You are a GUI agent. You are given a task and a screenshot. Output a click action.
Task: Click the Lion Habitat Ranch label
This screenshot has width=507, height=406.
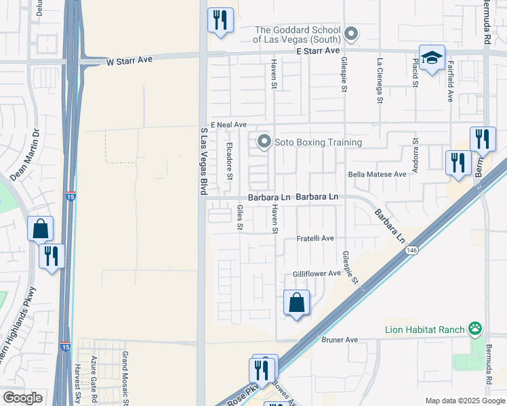[x=424, y=330]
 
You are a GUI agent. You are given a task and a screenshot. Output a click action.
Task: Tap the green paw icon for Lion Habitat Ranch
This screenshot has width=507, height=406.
[x=476, y=330]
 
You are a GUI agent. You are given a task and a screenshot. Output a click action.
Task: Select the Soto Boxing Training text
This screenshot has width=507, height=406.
[x=318, y=143]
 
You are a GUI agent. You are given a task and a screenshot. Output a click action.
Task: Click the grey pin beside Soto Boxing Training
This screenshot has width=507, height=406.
[x=264, y=142]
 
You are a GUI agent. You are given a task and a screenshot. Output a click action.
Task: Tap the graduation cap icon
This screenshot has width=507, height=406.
[x=432, y=58]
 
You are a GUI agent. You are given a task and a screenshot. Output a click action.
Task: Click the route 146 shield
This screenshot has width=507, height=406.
[x=412, y=250]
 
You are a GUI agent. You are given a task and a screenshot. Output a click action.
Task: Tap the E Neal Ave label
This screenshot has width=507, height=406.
[x=228, y=125]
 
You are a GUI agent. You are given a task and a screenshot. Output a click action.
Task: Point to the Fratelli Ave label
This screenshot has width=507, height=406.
[x=316, y=239]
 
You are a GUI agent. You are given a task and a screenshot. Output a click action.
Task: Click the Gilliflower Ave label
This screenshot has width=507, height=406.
[x=317, y=273]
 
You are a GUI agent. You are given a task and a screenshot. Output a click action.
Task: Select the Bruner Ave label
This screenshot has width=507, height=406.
[x=340, y=340]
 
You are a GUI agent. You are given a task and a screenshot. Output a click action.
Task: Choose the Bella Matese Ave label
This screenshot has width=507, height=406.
[x=377, y=174]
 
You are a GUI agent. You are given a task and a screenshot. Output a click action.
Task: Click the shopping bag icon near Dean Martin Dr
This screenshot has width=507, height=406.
[x=41, y=229]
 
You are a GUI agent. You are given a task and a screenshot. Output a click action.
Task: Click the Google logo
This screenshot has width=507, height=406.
[x=22, y=398]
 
